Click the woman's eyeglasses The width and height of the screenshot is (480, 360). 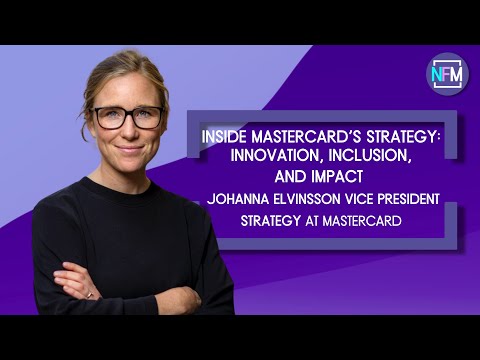(127, 117)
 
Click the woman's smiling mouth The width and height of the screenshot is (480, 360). (130, 149)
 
